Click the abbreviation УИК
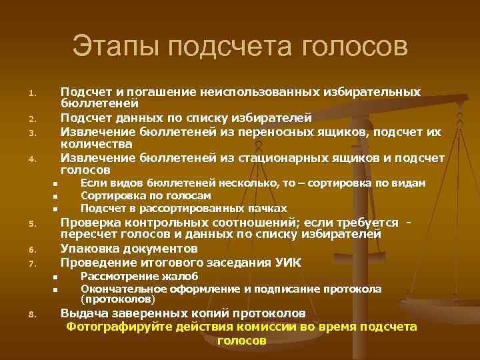pos(286,263)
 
